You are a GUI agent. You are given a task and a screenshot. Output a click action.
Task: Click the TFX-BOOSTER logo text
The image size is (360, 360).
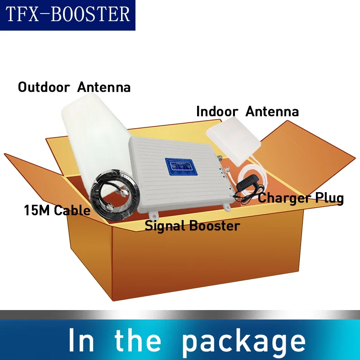coord(67,15)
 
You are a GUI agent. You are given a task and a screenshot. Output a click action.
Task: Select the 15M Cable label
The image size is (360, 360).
coord(57,210)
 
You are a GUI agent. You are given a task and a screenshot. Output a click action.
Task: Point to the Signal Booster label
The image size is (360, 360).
coord(192,225)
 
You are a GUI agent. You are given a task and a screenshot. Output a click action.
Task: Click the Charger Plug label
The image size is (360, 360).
coord(301,198)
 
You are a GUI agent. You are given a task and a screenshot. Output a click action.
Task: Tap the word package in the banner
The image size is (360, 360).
coord(243,341)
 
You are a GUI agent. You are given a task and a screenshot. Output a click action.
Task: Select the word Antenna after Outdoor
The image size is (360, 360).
coord(104,87)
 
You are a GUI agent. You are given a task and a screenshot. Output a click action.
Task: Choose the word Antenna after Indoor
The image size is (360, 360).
coord(272,111)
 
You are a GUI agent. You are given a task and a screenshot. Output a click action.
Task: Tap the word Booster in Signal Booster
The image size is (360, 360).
coord(214,225)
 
